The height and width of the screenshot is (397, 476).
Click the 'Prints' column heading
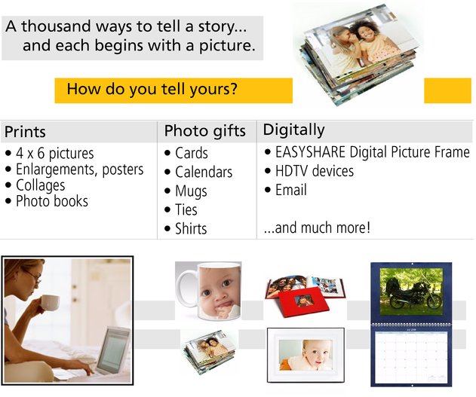[x=25, y=132]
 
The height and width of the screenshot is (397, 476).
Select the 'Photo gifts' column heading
[x=205, y=131]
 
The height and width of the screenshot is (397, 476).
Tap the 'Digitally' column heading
[x=294, y=130]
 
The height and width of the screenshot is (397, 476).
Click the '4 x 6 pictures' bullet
[x=55, y=153]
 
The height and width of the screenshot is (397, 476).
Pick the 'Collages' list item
[x=41, y=185]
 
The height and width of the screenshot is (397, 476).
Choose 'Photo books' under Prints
[x=52, y=201]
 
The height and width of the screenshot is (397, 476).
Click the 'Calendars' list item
[x=204, y=172]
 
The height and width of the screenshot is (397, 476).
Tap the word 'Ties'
[x=186, y=209]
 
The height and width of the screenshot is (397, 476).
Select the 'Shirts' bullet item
[x=191, y=228]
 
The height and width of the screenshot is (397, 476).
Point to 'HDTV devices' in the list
[x=315, y=171]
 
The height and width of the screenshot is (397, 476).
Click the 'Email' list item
[x=291, y=190]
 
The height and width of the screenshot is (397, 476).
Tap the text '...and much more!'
[x=317, y=228]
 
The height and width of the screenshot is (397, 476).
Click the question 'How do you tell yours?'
[x=152, y=89]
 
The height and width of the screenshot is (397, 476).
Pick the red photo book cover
[x=303, y=302]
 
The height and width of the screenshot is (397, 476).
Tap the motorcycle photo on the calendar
[x=411, y=292]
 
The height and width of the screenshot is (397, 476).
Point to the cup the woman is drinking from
[x=50, y=302]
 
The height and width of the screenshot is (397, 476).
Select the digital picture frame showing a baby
[x=306, y=355]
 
